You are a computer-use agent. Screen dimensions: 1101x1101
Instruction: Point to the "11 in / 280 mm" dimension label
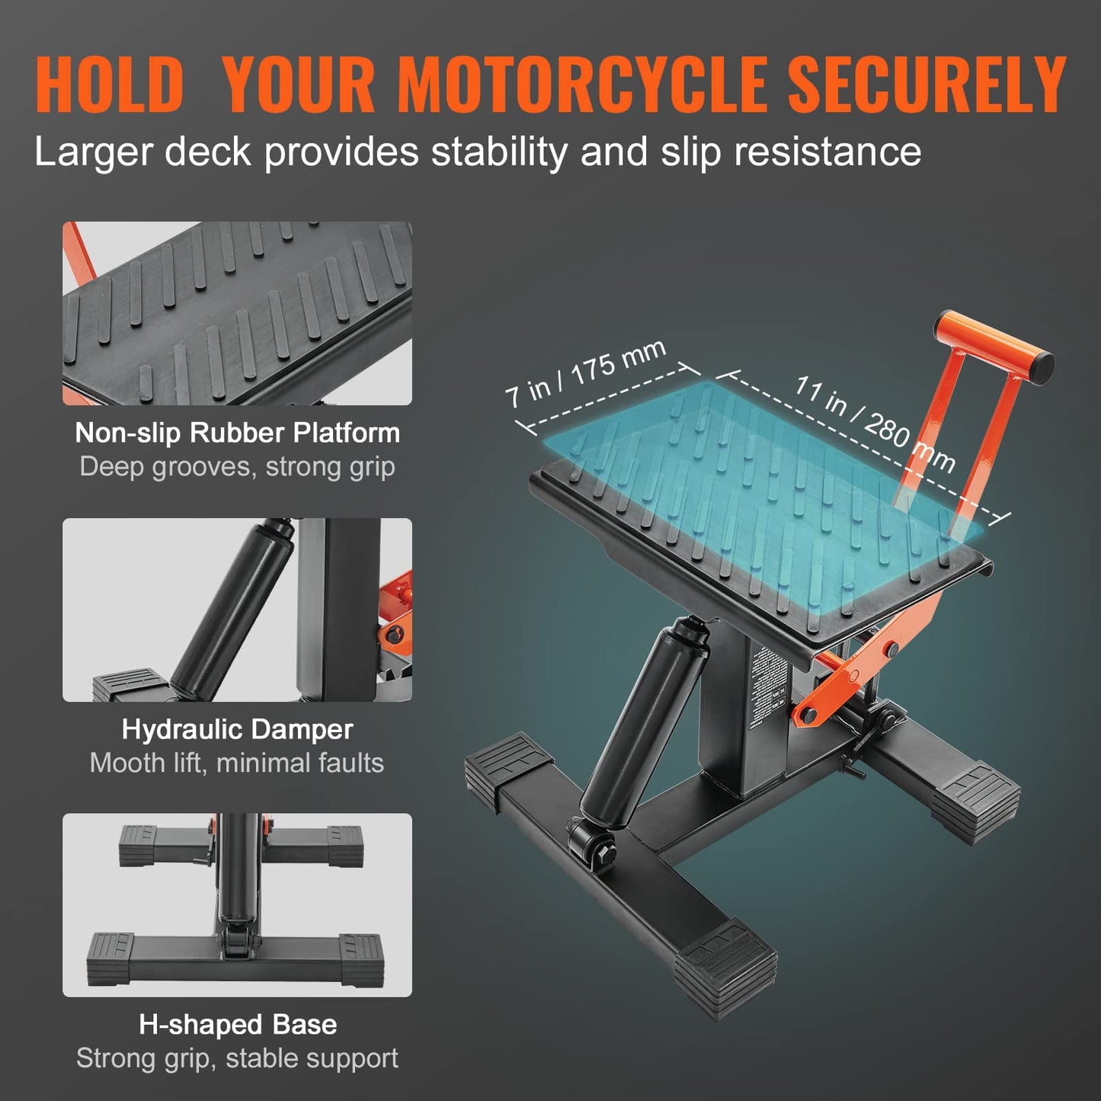coord(875,424)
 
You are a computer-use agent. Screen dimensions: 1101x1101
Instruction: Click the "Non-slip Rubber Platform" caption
coord(237,433)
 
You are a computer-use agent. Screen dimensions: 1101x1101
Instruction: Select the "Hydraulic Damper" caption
coord(237,729)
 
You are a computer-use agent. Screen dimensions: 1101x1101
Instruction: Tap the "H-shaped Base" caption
coord(237,1025)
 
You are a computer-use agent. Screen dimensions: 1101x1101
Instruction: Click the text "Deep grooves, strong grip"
coord(237,466)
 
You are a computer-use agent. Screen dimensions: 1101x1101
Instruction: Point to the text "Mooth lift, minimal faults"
coord(237,763)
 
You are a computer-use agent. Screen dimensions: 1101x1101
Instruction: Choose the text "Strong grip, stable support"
coord(237,1058)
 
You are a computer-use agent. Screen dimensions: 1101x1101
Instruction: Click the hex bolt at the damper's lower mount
coord(600,847)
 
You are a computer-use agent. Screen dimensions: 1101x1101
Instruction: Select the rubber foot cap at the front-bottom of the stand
coord(724,968)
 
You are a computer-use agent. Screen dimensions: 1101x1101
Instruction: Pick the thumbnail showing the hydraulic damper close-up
coord(237,610)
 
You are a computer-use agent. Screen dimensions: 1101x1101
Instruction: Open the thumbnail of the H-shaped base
coord(237,905)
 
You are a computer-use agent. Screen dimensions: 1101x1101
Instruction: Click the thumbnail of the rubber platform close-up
coord(237,313)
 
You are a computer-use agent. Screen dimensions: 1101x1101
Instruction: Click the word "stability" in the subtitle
coord(499,152)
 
